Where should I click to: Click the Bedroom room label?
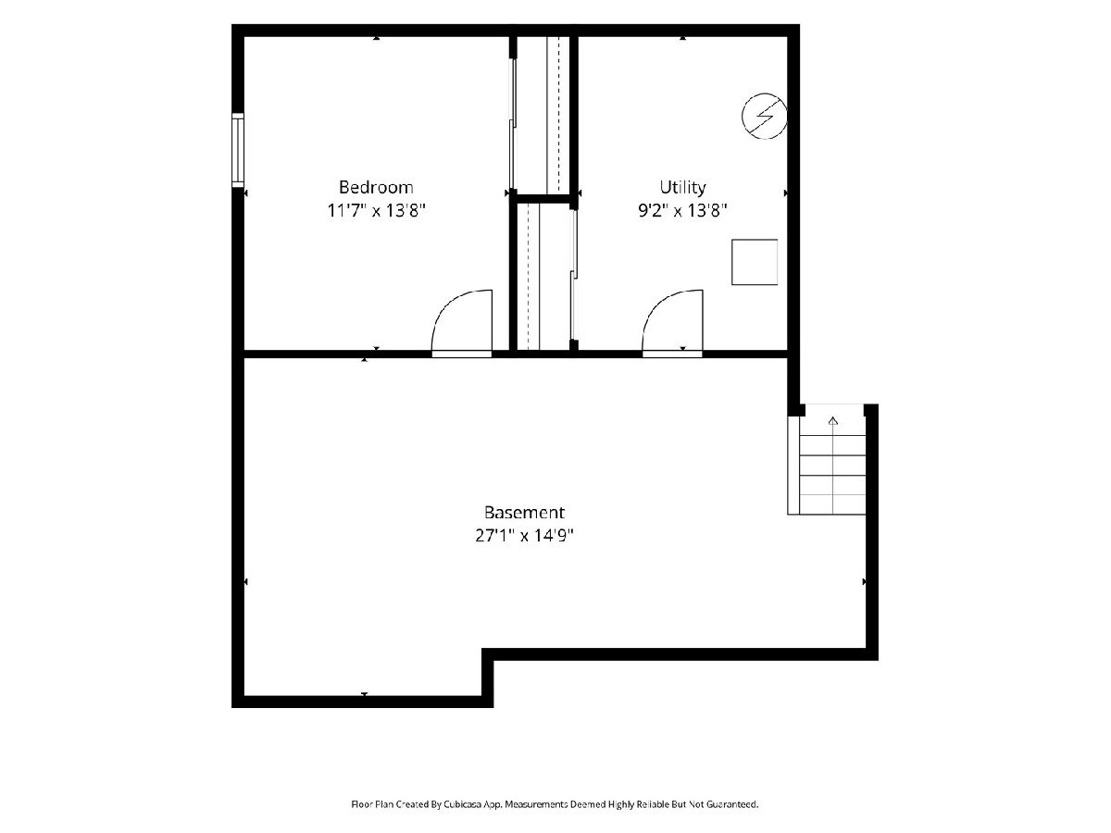tap(376, 187)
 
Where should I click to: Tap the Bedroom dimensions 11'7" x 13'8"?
tap(376, 210)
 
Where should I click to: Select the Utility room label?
tap(682, 188)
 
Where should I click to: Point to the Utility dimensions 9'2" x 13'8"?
tap(682, 210)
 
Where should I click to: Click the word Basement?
tap(524, 513)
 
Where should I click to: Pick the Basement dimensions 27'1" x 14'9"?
tap(524, 535)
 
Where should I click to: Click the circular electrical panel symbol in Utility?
tap(764, 116)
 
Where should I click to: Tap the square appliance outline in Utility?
tap(755, 262)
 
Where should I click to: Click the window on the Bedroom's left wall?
tap(238, 150)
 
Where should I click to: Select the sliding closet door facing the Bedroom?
tap(512, 124)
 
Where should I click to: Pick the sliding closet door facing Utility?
tap(574, 275)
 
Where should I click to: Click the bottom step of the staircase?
tap(832, 504)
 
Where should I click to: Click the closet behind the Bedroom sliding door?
tap(543, 116)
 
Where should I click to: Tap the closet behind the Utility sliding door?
tap(543, 276)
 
